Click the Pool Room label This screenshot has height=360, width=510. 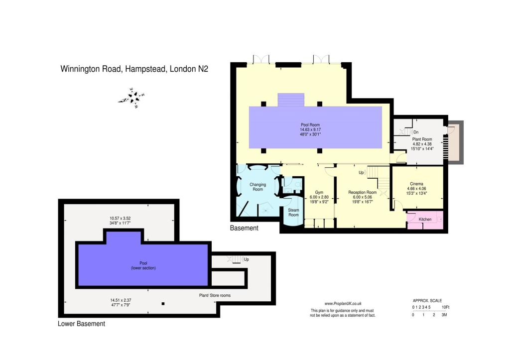point(310,125)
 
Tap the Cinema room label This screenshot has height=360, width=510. point(417,184)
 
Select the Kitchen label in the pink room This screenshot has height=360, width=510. point(425,219)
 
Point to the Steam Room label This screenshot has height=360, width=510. point(293,212)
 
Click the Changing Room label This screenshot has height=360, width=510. point(257,187)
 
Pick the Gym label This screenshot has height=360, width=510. point(319,193)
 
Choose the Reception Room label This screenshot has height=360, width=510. point(363,193)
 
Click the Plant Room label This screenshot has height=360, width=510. point(422,139)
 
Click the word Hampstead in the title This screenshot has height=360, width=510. point(145,69)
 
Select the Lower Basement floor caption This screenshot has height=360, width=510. point(81,324)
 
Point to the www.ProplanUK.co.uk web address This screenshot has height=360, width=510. point(343,304)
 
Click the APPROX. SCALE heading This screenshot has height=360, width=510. point(427,301)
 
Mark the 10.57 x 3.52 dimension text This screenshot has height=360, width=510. point(120,219)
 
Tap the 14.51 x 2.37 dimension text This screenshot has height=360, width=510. point(121,300)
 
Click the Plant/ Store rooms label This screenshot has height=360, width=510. point(215,296)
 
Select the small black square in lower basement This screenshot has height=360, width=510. point(163,304)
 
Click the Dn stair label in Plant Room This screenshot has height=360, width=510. point(416,132)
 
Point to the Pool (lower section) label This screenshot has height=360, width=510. point(143,265)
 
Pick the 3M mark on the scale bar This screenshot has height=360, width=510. point(444,315)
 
